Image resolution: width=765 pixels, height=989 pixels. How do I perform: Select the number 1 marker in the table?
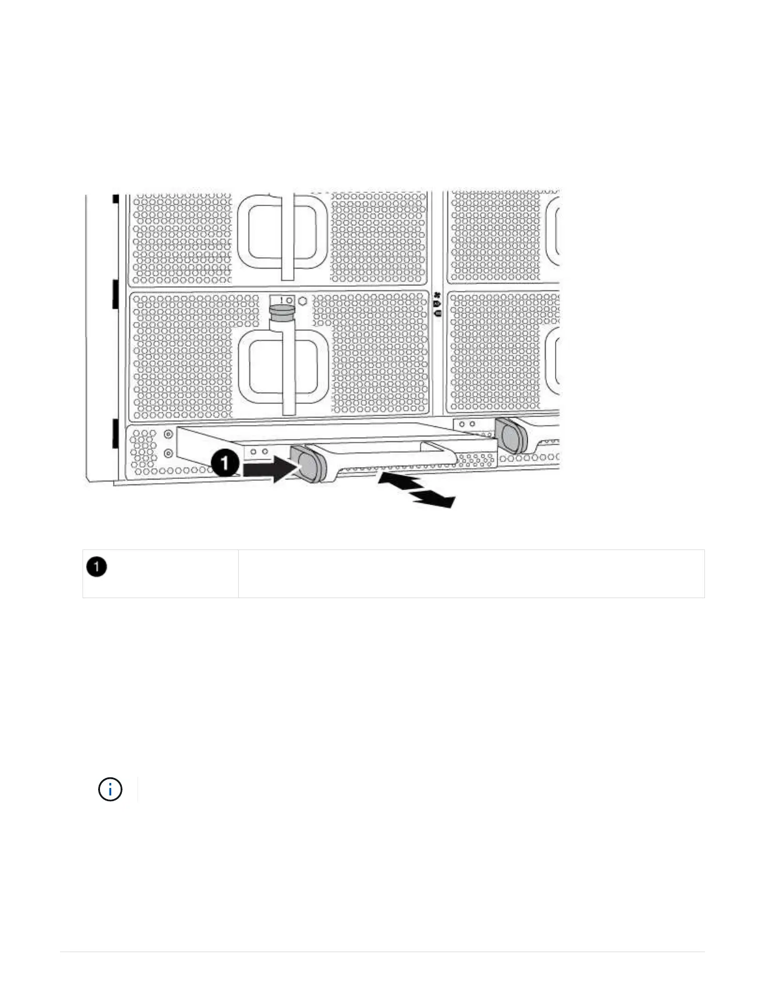[97, 567]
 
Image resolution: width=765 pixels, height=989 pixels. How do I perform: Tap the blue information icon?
[110, 790]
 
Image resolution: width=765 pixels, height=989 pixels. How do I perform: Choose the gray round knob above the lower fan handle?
[281, 310]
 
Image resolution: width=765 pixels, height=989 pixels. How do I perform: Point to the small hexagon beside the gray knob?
[303, 300]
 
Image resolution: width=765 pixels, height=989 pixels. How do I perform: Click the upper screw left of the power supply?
[168, 434]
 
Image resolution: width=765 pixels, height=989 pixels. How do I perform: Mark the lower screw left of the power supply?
[168, 452]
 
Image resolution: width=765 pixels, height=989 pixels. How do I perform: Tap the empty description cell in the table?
[471, 573]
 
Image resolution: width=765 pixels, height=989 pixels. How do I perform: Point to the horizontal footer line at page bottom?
[382, 952]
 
